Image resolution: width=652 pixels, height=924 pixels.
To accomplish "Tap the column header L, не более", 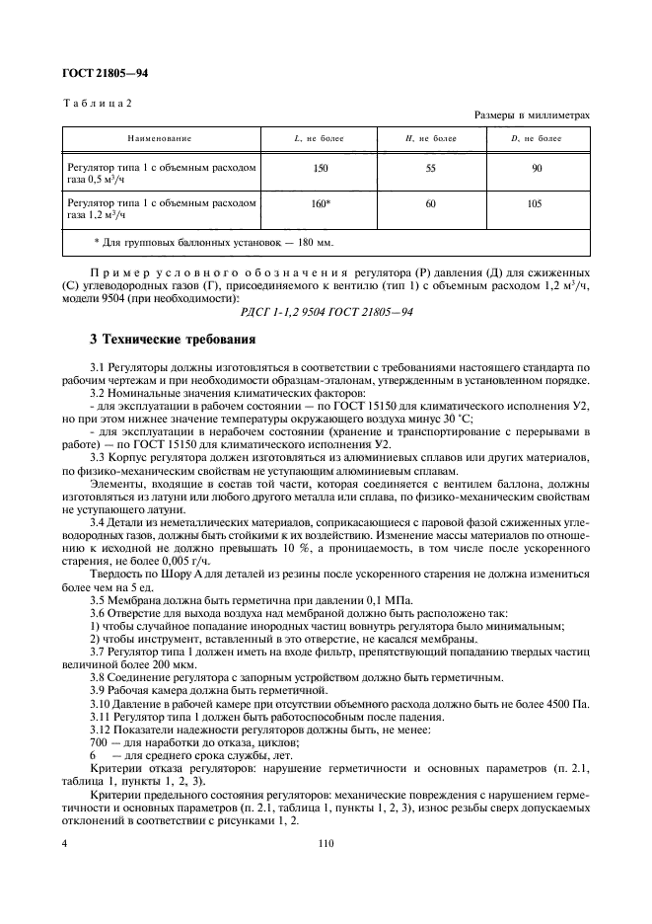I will pos(320,139).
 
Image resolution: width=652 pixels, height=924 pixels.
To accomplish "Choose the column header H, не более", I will pos(431,139).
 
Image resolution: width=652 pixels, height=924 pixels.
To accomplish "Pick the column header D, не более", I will pos(536,139).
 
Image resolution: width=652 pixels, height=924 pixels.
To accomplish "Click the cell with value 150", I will pos(320,169).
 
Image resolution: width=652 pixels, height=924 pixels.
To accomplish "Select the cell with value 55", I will pos(431,169).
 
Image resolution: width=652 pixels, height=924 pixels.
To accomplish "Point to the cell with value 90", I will pos(537,169).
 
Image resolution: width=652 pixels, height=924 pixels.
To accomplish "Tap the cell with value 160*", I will pos(321,202).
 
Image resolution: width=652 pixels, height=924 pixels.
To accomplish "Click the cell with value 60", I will pos(431,202).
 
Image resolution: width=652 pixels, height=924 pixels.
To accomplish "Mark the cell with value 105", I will pos(537,202).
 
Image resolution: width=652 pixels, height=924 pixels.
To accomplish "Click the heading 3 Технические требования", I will pos(173,340).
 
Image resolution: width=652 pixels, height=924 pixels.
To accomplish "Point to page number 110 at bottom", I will pos(326,843).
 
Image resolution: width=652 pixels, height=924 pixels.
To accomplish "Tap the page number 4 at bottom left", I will pos(65,843).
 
